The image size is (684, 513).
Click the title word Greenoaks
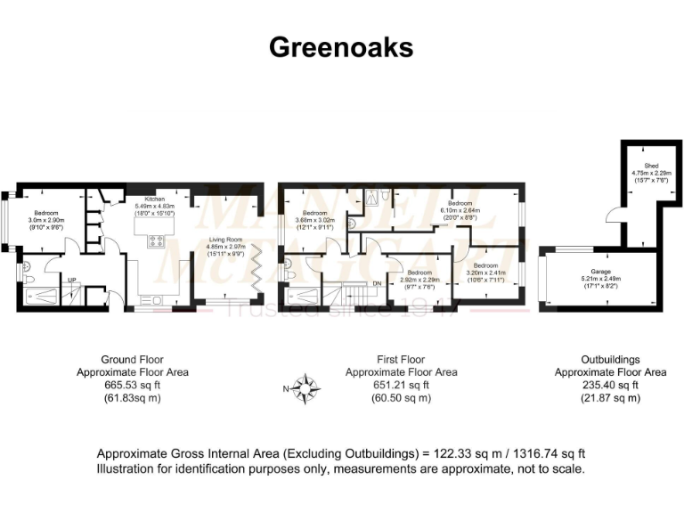coord(342,48)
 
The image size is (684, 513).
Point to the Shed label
coord(639,165)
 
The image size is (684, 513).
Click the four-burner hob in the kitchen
coord(158,239)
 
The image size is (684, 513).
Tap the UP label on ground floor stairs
coord(71,280)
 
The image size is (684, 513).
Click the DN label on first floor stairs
coord(376,284)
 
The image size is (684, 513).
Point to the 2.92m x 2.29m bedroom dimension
coord(419,279)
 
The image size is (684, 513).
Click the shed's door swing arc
coord(611,214)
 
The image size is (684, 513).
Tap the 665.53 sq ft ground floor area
coord(132,385)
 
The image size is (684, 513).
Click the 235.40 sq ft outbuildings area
coord(610,385)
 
